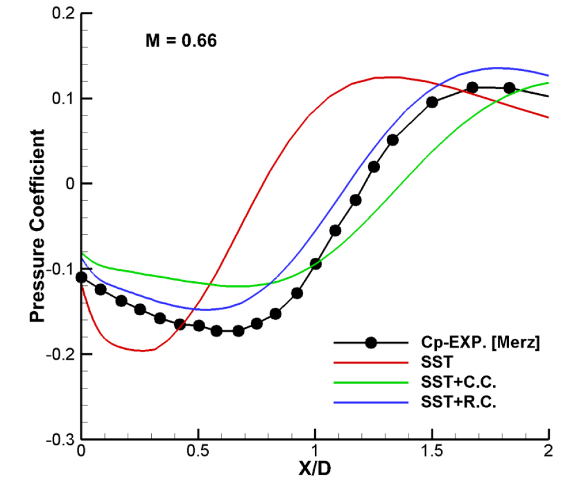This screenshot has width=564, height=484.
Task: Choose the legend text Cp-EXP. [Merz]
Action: pos(479,343)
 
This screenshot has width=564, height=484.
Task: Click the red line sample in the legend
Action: pos(371,363)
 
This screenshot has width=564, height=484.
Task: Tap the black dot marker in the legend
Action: pos(371,343)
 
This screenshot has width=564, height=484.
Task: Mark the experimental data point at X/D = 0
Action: pos(81,277)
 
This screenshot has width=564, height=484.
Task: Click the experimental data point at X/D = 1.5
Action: pos(432,102)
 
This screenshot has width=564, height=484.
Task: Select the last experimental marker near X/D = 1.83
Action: pos(509,88)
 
